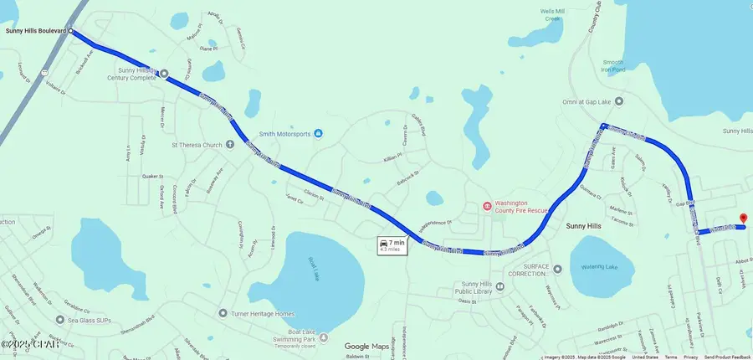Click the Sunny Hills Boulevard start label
pos(36,31)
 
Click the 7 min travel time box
pos(392,245)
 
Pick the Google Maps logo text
pos(367,347)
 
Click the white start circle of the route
pos(71,31)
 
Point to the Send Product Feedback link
pos(727,357)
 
